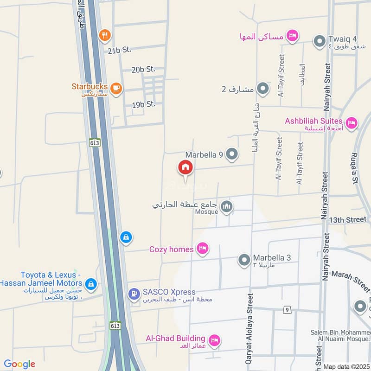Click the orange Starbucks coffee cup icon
click(116, 87)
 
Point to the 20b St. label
click(143, 69)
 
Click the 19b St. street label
click(143, 104)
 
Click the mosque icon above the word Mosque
click(226, 206)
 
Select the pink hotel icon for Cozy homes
click(202, 249)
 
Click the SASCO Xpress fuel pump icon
click(134, 293)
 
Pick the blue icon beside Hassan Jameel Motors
click(91, 283)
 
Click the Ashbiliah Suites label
click(313, 121)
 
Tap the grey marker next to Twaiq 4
click(319, 41)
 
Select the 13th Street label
click(347, 219)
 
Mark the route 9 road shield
click(288, 309)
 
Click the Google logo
click(19, 364)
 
